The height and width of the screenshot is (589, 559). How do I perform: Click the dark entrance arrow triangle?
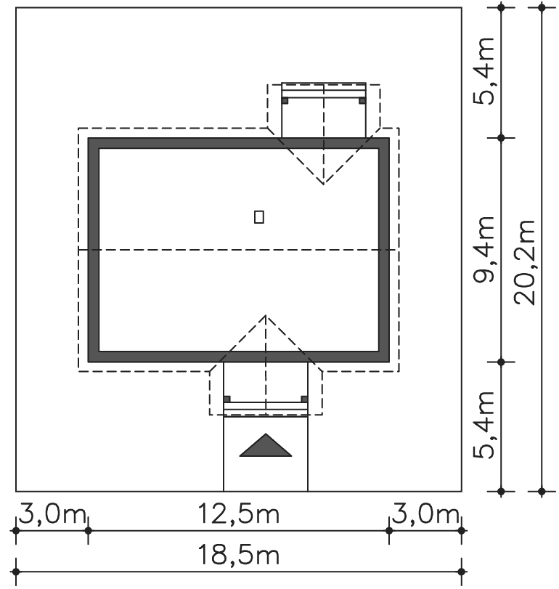pos(266,447)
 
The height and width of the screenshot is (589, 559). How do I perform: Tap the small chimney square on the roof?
pos(259,216)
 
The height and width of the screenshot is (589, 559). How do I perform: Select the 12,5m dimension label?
pos(238,514)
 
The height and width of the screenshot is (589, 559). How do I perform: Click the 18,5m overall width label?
pos(238,555)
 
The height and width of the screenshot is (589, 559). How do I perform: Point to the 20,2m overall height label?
pos(524,262)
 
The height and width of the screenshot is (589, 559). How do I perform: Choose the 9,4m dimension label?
pos(484,249)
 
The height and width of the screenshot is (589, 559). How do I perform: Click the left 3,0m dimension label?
pos(52,514)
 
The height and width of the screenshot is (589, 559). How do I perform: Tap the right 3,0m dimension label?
pos(425,514)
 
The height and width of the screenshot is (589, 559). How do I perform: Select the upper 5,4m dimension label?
pos(484,71)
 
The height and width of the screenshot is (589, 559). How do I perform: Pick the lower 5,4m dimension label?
pos(484,425)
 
